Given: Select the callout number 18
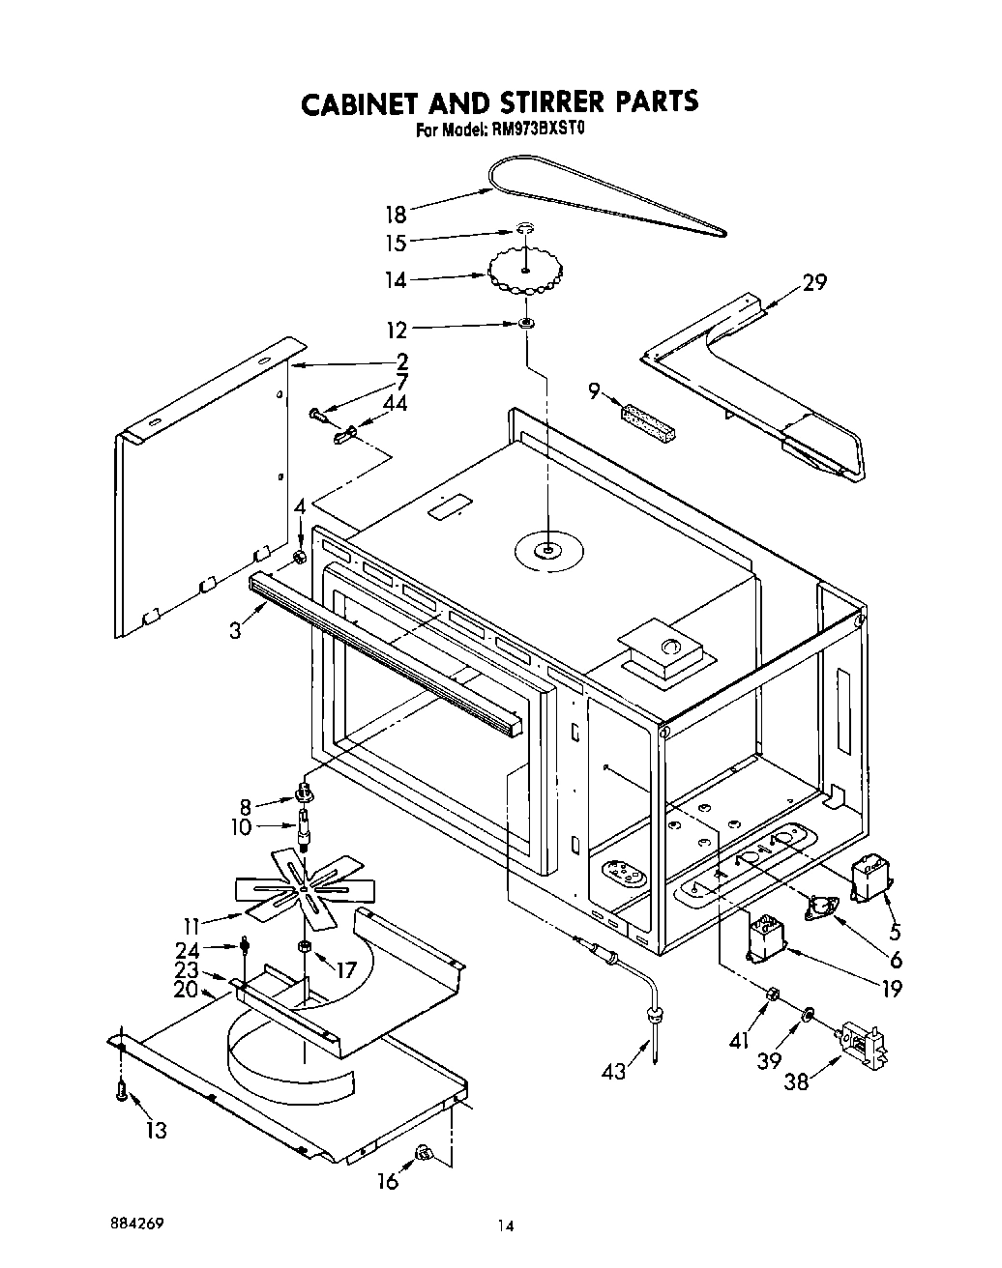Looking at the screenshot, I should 396,212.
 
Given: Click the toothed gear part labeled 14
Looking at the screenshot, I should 525,273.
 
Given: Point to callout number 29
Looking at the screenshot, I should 814,282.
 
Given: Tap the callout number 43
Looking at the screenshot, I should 612,1071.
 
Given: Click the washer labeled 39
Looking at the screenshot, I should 806,1014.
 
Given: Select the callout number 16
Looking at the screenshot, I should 388,1181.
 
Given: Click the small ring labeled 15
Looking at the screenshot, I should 523,230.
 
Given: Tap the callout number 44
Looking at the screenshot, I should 394,403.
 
